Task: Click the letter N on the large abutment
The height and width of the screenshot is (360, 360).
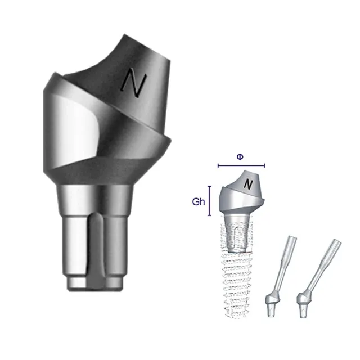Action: click(134, 82)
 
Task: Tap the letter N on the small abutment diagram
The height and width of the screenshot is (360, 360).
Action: click(248, 184)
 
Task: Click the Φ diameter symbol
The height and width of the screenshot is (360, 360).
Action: click(240, 157)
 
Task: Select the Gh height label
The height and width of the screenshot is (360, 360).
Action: click(199, 201)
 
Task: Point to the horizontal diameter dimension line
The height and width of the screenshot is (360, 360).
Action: click(241, 165)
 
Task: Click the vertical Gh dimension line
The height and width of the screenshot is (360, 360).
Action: click(209, 201)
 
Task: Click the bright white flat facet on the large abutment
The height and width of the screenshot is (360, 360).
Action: click(74, 129)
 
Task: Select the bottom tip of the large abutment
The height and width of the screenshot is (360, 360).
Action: click(94, 290)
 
